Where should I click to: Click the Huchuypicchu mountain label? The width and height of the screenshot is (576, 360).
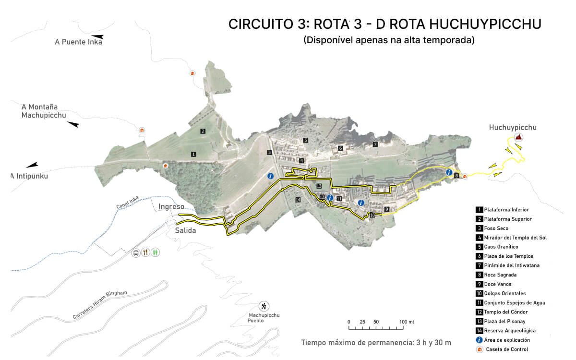click(512, 128)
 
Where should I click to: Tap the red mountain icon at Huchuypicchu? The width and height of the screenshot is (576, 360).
click(518, 137)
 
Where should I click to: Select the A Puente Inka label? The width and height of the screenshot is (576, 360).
click(78, 42)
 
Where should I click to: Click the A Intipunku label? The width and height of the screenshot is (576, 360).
click(30, 176)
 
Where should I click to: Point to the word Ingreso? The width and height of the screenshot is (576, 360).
click(171, 207)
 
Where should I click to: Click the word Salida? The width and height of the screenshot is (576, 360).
click(185, 230)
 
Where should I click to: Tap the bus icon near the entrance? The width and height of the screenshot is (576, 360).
click(136, 252)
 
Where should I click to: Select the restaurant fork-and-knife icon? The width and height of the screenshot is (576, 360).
click(145, 252)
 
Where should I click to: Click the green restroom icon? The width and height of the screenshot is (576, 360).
click(155, 252)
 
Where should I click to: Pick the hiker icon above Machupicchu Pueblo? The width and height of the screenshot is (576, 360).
click(264, 306)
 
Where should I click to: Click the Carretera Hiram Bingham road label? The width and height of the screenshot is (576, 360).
click(100, 305)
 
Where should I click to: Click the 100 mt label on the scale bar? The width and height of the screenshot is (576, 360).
click(407, 322)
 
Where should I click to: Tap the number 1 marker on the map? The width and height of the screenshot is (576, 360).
click(193, 154)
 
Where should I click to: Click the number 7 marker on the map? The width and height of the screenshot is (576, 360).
click(375, 144)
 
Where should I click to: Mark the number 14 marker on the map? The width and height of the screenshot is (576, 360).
click(298, 200)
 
